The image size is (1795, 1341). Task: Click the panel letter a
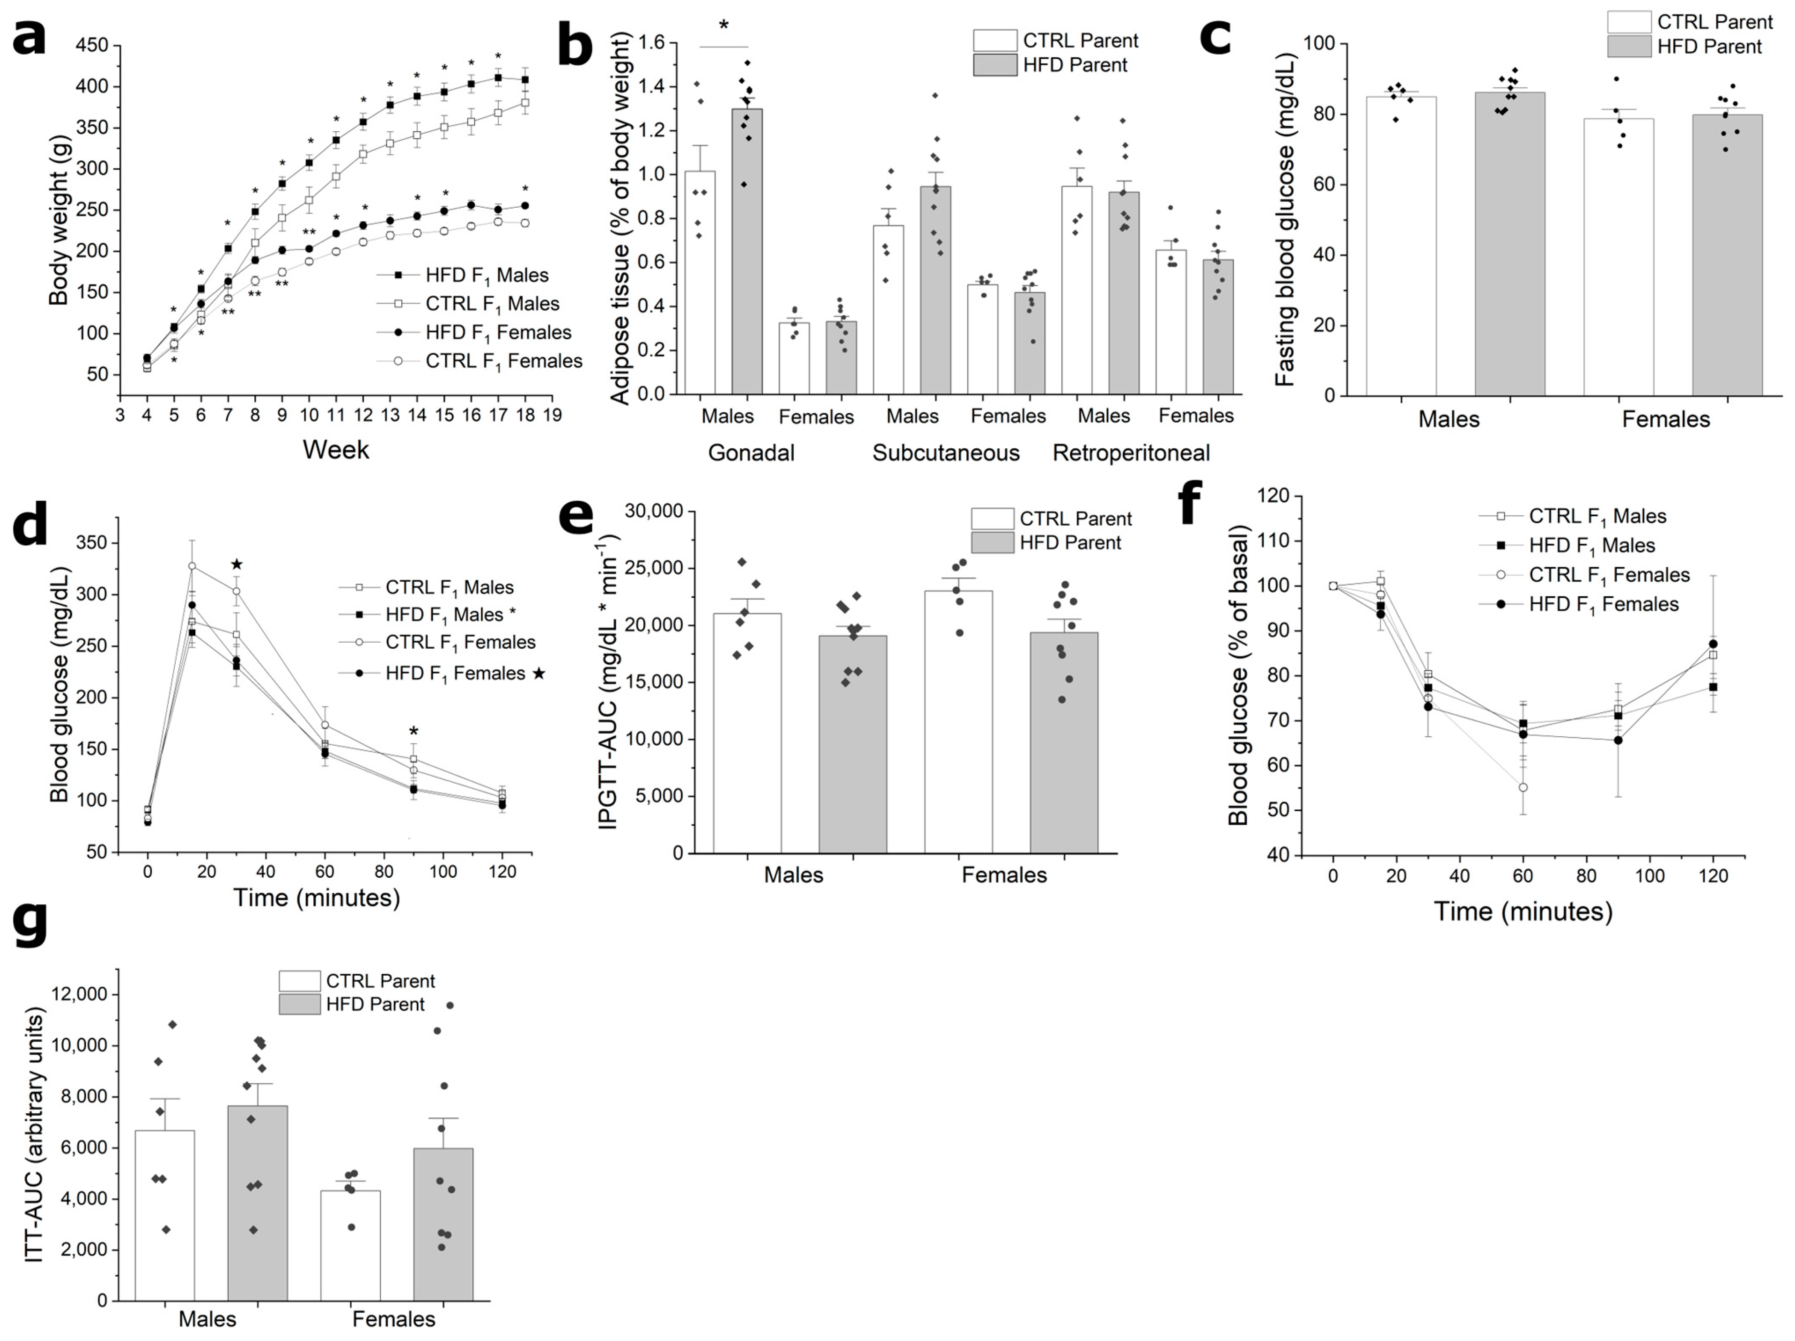tap(30, 36)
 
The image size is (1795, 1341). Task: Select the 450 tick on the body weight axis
tap(92, 45)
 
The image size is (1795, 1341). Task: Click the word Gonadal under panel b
tap(750, 453)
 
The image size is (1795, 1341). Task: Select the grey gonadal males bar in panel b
tap(747, 251)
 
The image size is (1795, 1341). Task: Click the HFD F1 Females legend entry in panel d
tap(454, 673)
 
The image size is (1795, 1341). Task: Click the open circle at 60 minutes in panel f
tap(1522, 787)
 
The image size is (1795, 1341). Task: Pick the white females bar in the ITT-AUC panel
tap(350, 1245)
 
